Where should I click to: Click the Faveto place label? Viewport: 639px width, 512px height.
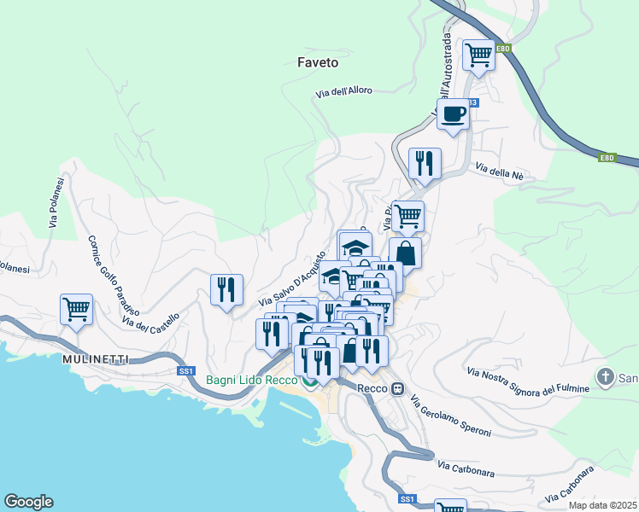[318, 62]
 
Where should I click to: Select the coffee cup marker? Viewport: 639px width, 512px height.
[453, 113]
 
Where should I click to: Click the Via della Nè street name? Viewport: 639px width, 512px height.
[500, 172]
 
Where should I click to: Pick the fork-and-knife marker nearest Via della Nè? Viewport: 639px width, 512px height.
[425, 162]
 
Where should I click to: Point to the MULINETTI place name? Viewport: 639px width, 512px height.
[96, 359]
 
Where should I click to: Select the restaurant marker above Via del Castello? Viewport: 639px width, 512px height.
[226, 289]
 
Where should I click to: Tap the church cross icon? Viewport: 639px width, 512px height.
[605, 376]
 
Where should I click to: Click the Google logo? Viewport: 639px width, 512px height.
[28, 502]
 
